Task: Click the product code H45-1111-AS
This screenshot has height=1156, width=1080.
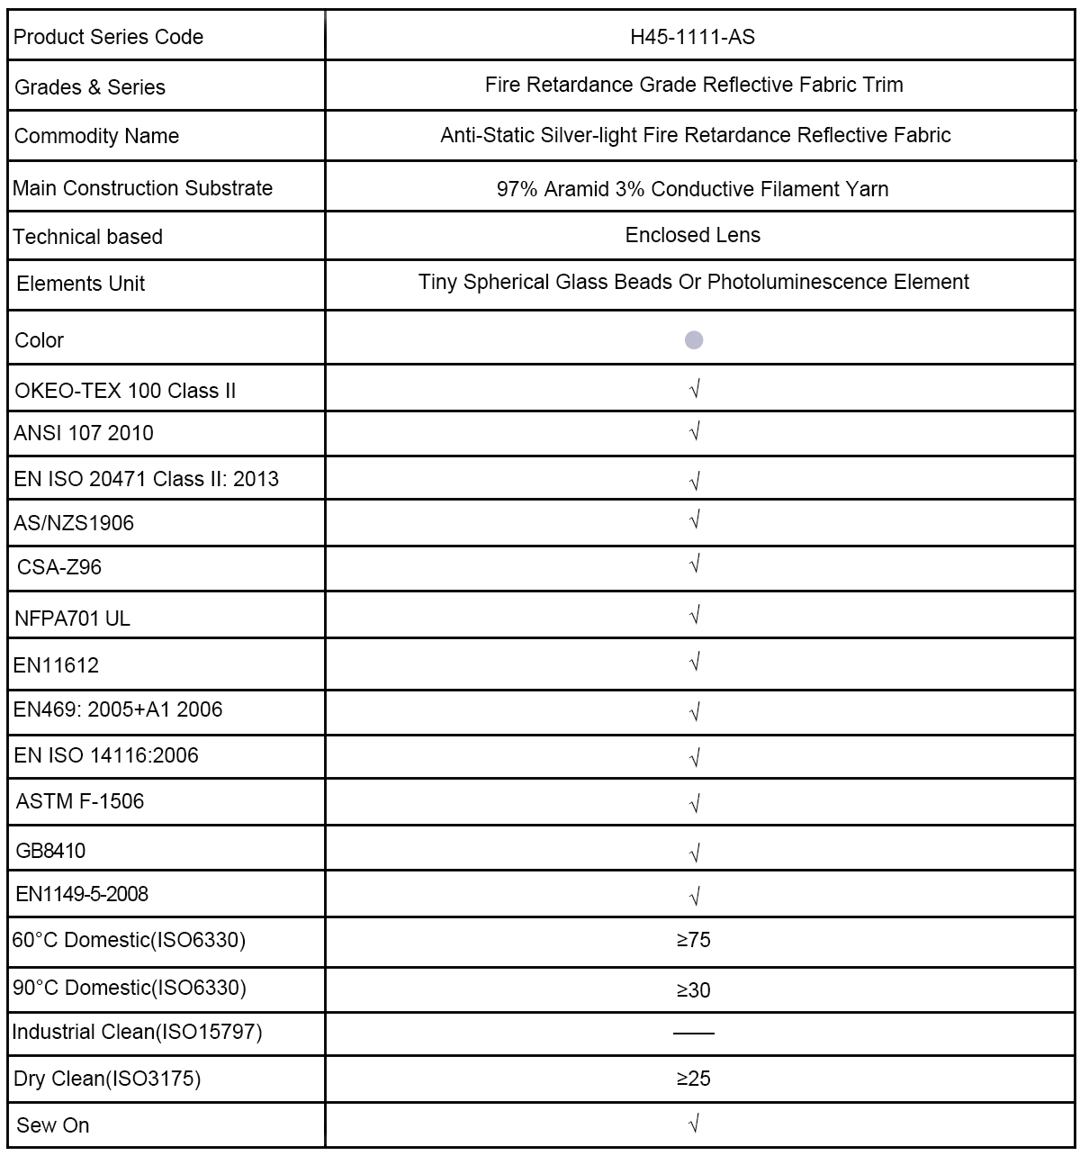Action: (x=692, y=37)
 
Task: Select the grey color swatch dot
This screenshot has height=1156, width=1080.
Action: (x=694, y=340)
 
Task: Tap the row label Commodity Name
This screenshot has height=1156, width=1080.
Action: (x=96, y=136)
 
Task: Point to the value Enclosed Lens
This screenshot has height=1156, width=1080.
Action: (x=692, y=235)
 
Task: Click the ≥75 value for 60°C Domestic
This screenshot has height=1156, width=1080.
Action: (x=693, y=940)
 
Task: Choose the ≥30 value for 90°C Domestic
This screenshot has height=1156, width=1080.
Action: (x=693, y=990)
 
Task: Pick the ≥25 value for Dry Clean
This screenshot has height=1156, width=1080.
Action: (x=693, y=1078)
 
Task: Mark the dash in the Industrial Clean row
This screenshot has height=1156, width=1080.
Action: (x=693, y=1033)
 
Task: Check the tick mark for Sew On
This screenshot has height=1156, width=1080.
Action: (x=694, y=1124)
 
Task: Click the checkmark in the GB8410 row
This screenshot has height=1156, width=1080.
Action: (x=694, y=852)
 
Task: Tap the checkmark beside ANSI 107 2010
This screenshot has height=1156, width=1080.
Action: (x=694, y=432)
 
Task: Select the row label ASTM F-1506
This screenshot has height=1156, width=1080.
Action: (x=79, y=801)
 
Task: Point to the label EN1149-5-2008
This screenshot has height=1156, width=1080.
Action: (x=82, y=894)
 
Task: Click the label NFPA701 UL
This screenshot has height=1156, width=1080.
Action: (x=72, y=619)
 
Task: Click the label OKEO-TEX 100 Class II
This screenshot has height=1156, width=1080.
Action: (x=125, y=391)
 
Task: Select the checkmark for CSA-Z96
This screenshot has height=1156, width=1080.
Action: (x=694, y=565)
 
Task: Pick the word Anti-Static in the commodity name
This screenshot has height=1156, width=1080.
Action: (x=487, y=135)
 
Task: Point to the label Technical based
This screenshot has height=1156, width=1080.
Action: (x=87, y=237)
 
